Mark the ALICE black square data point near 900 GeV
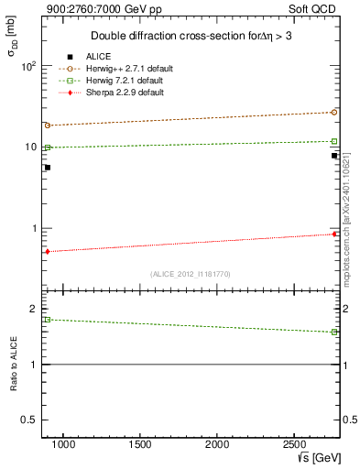tap(47, 168)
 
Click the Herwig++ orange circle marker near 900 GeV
tap(47, 125)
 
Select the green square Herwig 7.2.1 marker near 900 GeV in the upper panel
tap(47, 147)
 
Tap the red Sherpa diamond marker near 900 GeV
tap(47, 251)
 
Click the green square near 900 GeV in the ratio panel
tap(47, 320)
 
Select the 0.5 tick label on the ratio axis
tap(29, 420)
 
